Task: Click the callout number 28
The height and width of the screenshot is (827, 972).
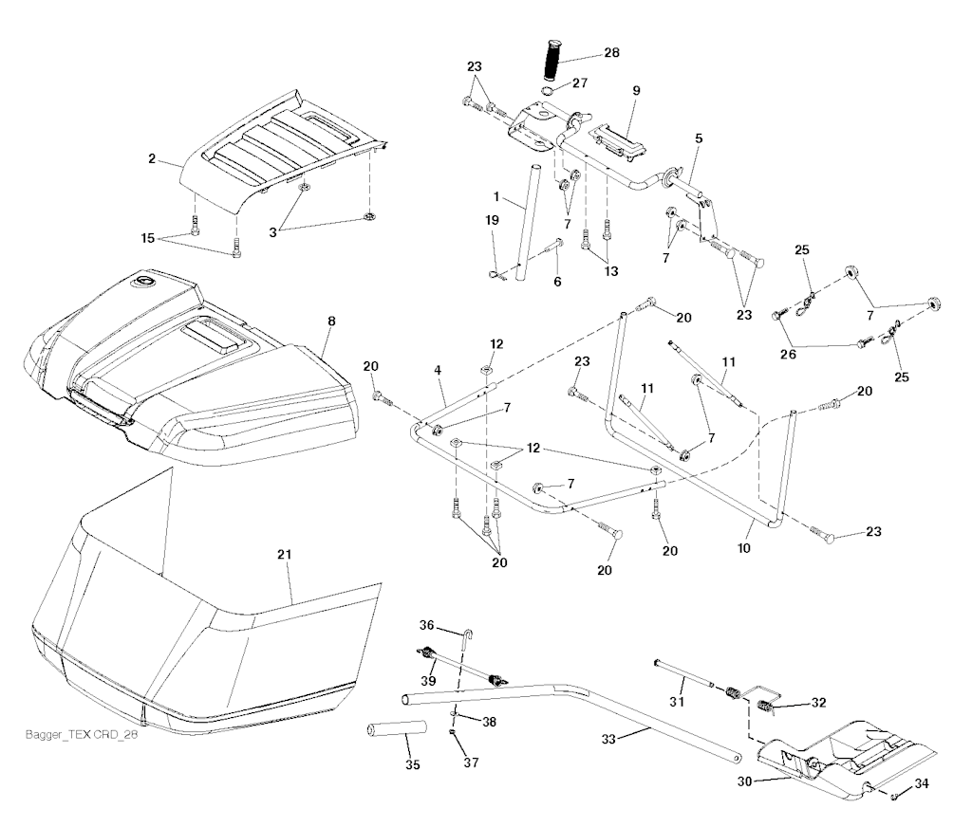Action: (611, 52)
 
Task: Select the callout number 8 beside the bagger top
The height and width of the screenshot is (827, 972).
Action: (330, 322)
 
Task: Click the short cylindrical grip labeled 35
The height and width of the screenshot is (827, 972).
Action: (397, 736)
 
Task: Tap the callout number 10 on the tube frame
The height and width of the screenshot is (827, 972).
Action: (744, 548)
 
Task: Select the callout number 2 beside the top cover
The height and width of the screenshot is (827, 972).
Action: (152, 159)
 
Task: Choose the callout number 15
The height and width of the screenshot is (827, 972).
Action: (146, 238)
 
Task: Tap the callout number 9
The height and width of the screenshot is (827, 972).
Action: (636, 91)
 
